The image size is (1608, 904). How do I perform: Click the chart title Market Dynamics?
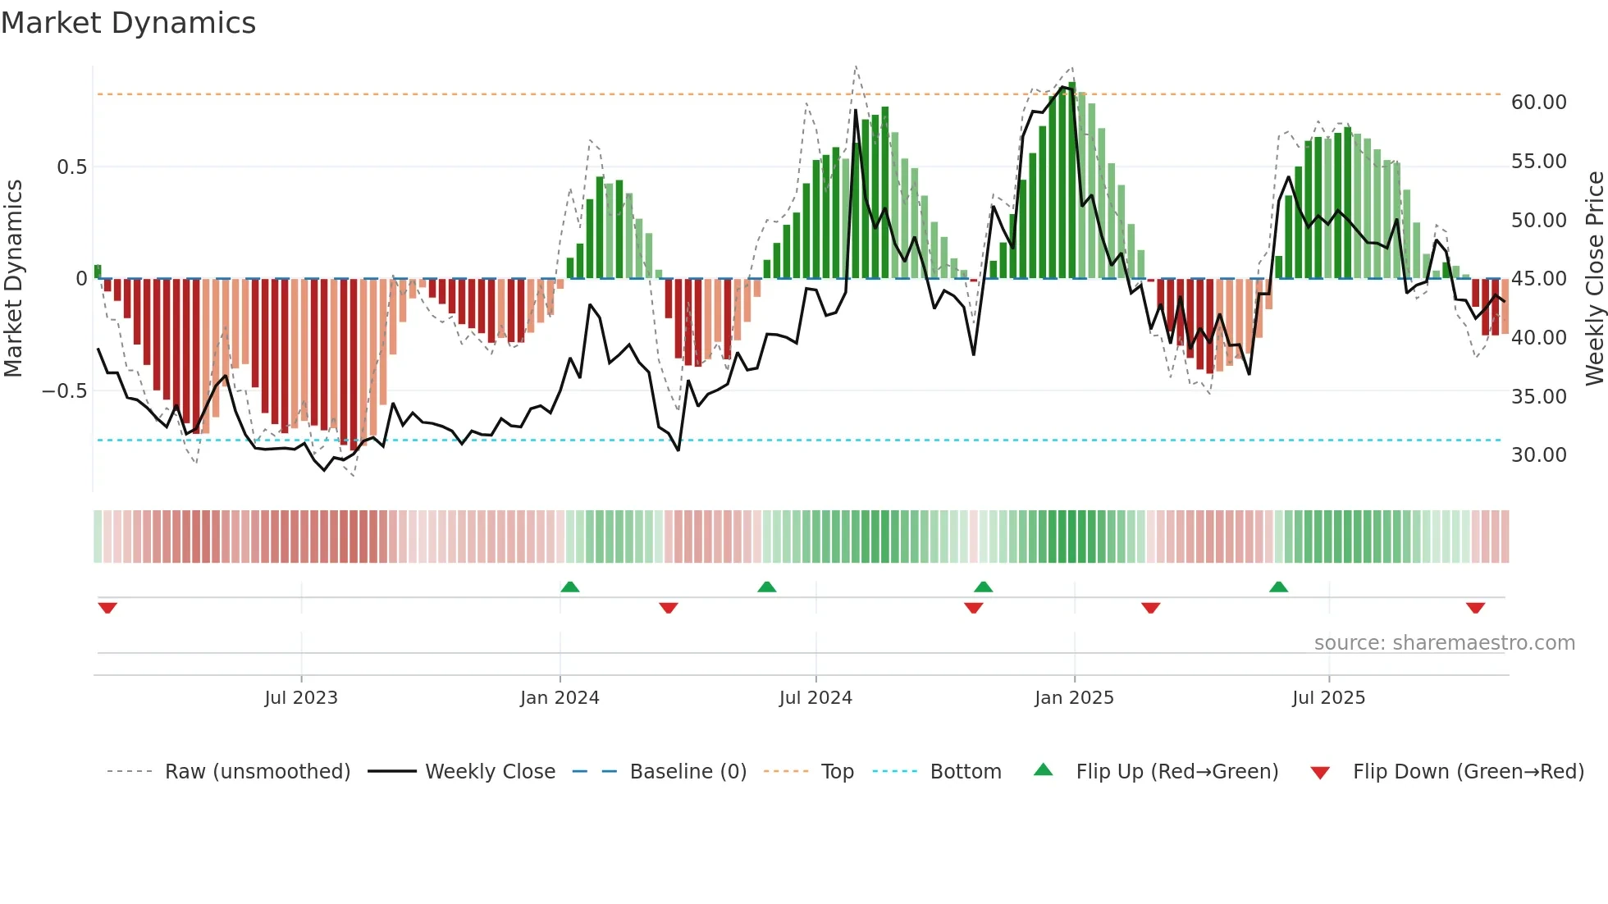(128, 23)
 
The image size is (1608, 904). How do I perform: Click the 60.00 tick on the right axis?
(1538, 103)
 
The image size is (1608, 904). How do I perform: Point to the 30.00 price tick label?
(1538, 455)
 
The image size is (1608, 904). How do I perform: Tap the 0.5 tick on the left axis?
(71, 167)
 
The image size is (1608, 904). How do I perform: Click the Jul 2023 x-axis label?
(301, 698)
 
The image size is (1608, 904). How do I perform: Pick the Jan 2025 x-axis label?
(1074, 698)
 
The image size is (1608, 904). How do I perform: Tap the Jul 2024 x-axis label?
(815, 698)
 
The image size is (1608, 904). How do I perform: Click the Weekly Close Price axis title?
(1594, 278)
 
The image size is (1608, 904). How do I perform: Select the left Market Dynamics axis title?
(13, 278)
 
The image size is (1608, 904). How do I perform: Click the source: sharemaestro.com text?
(1444, 643)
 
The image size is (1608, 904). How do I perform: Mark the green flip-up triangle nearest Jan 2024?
(570, 587)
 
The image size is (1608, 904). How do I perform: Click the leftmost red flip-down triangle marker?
(107, 608)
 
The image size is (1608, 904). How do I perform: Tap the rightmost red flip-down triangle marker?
(1475, 608)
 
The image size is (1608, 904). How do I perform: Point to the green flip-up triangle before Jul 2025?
(1278, 587)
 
